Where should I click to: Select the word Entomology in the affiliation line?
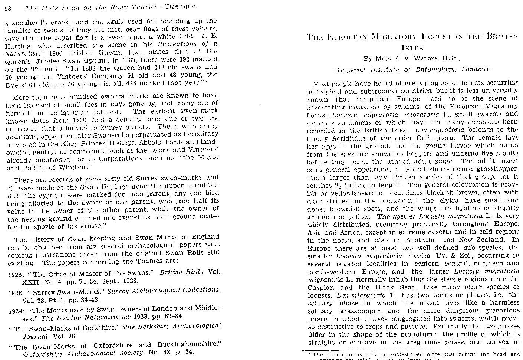coord(427,69)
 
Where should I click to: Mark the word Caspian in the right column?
coord(322,287)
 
